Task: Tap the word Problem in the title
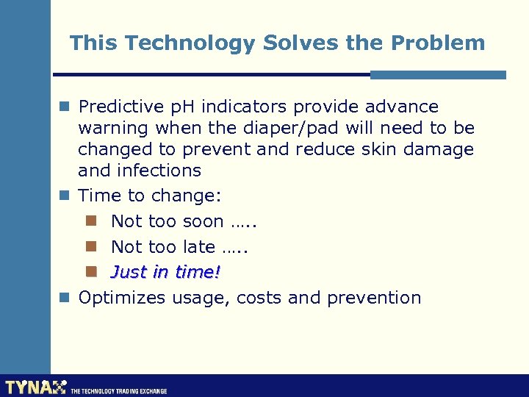pyautogui.click(x=438, y=43)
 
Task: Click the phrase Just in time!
pyautogui.click(x=165, y=272)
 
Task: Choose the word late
pyautogui.click(x=197, y=247)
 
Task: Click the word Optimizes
pyautogui.click(x=123, y=298)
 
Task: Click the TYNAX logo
pyautogui.click(x=35, y=387)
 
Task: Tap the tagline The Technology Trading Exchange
pyautogui.click(x=118, y=391)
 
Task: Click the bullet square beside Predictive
pyautogui.click(x=64, y=107)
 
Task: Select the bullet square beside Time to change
pyautogui.click(x=64, y=196)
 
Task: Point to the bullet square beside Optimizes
pyautogui.click(x=64, y=298)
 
